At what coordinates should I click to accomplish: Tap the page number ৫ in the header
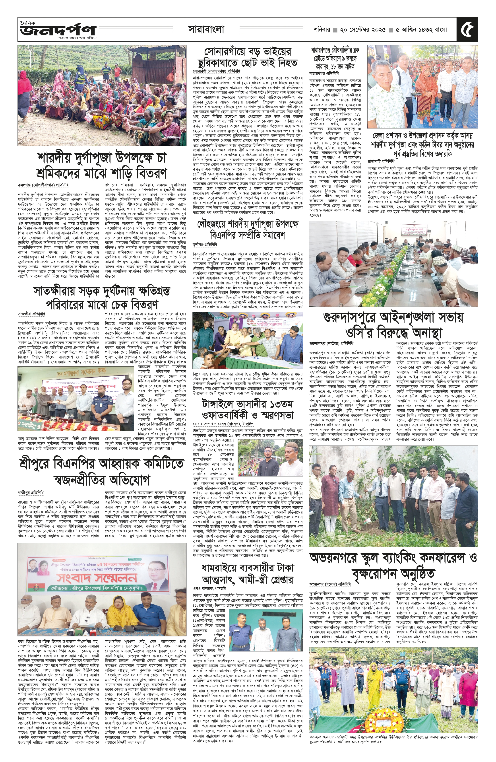(468, 29)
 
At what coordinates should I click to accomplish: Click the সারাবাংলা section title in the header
(206, 29)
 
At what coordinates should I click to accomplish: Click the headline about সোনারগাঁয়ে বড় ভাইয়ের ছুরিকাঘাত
(247, 57)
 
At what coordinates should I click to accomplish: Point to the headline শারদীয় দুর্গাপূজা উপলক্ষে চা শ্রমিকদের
(102, 165)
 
